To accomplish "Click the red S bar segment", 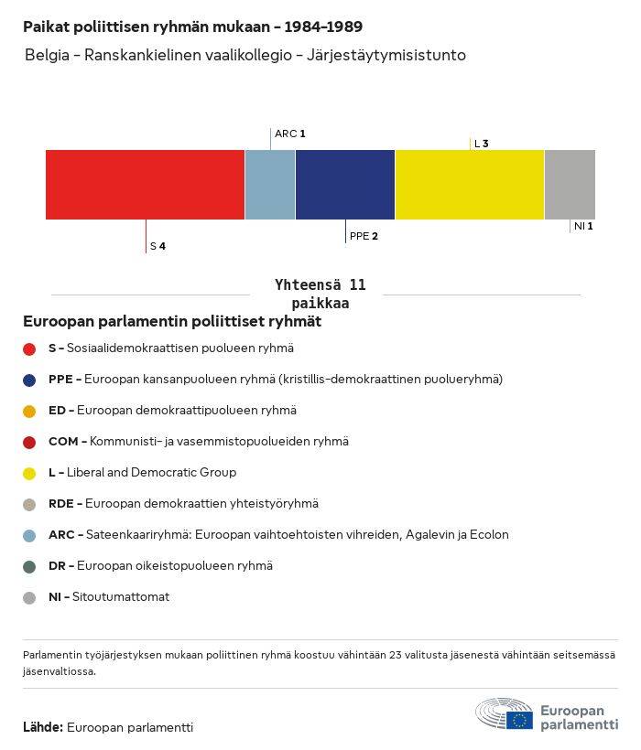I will [145, 185].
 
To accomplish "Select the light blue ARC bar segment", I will [270, 185].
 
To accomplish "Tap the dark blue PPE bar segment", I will [345, 185].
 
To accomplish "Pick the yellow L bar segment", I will [470, 185].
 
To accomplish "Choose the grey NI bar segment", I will [570, 185].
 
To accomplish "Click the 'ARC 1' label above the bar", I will [289, 134].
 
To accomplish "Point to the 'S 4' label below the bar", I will [158, 247].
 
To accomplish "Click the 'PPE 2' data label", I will [364, 236].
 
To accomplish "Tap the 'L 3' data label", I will [481, 144].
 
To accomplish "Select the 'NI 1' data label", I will [583, 226].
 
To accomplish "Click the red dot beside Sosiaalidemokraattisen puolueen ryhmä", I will [29, 348].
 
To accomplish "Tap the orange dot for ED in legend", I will [29, 411].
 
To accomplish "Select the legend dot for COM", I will [29, 442].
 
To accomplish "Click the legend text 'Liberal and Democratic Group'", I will [151, 473].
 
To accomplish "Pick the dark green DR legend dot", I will [29, 566].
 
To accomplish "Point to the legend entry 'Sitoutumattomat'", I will [133, 597].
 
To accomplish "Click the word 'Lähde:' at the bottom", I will [43, 728].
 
